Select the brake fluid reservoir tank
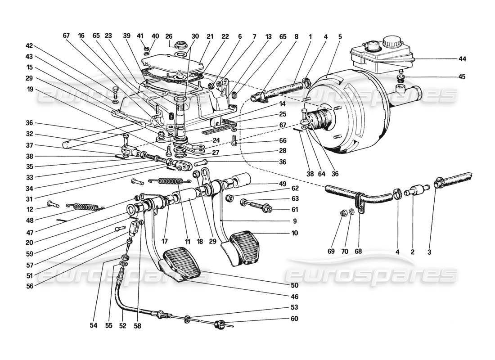(380, 54)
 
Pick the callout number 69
(342, 252)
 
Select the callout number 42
(30, 45)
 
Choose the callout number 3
(429, 252)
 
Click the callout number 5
(340, 36)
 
